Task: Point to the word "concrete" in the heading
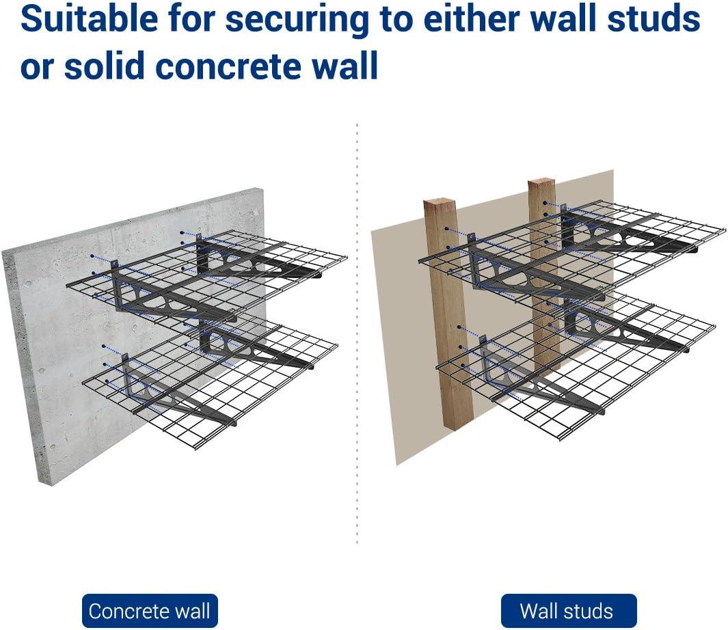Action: tap(228, 66)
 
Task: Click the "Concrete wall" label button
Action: tap(150, 610)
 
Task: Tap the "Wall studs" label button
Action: tap(569, 610)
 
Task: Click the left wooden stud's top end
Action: tap(440, 202)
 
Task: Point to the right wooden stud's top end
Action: tap(541, 181)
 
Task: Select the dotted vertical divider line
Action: tap(357, 333)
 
